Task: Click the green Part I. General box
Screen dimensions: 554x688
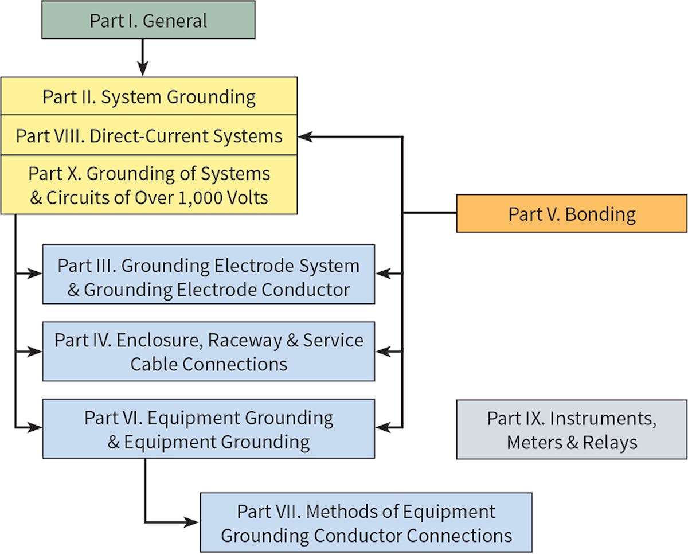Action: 148,21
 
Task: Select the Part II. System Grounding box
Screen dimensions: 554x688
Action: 149,96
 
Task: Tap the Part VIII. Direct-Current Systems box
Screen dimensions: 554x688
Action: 149,136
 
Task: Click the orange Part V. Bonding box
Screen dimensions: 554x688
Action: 572,214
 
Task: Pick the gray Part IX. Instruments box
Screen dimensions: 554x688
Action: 572,430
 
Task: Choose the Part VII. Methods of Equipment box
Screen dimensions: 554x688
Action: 366,522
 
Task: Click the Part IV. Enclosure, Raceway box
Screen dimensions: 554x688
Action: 209,352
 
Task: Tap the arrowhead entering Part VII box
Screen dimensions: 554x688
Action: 191,522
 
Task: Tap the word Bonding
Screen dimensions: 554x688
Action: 600,214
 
